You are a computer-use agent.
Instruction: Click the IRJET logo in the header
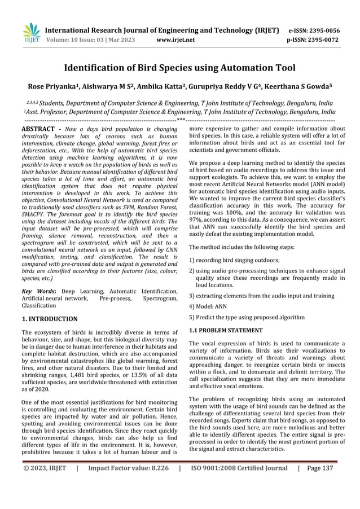[x=31, y=33]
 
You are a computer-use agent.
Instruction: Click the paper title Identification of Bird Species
[x=179, y=68]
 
